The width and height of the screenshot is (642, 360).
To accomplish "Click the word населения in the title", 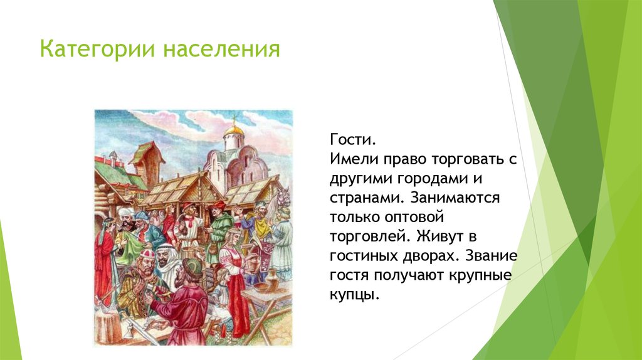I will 222,49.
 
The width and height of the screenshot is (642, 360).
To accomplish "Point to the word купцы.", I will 354,294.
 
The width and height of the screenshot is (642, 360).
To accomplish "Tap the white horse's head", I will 283,196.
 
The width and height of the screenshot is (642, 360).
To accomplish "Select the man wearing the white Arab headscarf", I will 168,263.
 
